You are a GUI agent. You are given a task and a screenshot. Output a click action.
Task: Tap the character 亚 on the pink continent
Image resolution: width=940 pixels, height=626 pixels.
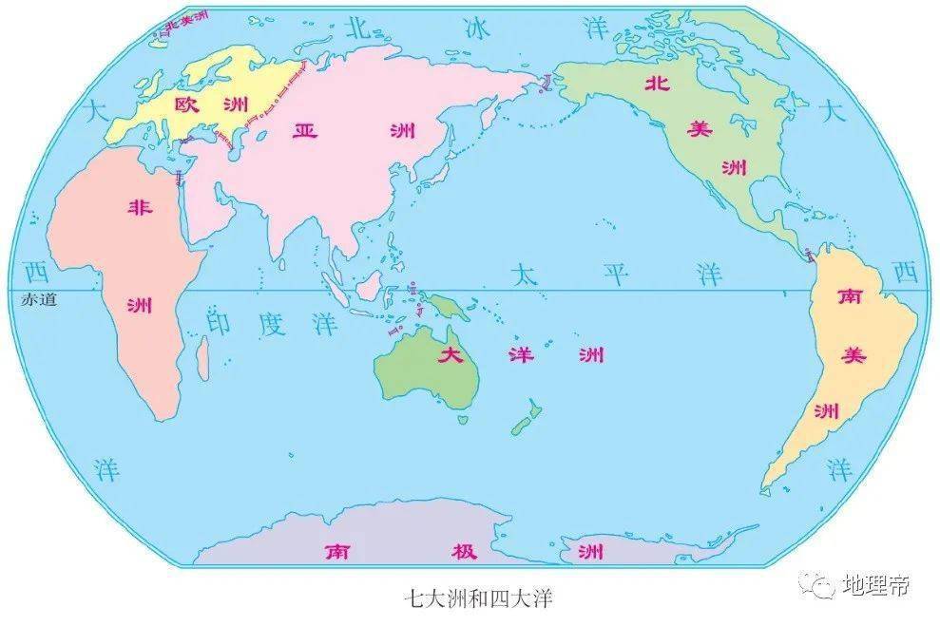(304, 130)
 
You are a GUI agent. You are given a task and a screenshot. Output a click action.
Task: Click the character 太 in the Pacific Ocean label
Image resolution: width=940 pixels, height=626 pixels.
(524, 275)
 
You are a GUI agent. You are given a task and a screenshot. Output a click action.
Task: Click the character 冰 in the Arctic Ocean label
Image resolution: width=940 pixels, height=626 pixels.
(475, 28)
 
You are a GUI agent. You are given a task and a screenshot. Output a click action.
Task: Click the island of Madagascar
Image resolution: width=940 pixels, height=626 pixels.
(202, 359)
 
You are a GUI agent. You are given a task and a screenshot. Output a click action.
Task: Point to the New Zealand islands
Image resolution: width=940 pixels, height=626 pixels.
(526, 418)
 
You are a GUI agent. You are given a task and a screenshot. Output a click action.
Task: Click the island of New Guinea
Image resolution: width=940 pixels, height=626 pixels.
(443, 306)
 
